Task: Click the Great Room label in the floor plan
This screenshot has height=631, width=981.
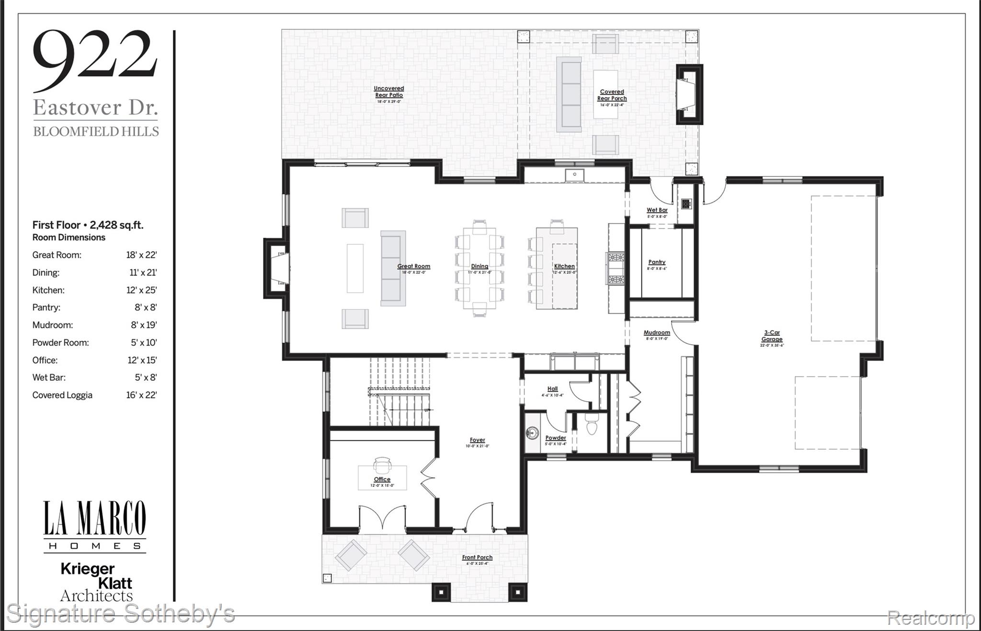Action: (413, 267)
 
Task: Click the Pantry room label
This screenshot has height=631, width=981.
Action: (657, 263)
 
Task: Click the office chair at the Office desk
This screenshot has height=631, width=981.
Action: (382, 464)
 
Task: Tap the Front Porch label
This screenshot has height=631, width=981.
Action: (477, 558)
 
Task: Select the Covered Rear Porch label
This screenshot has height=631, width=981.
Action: (612, 95)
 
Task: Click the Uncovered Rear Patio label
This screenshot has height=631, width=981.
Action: (388, 92)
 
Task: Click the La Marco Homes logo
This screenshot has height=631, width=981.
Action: (95, 526)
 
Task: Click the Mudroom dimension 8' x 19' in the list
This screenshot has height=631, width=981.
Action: (144, 325)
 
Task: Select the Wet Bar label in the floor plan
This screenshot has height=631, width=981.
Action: (657, 210)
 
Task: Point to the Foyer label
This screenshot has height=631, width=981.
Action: (477, 440)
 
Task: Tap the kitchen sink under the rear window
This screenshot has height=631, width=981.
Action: (574, 175)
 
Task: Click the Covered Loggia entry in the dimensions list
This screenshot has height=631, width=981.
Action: (62, 395)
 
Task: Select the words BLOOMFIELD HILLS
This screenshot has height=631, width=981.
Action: (96, 132)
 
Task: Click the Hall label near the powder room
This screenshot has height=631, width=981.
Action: (552, 389)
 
